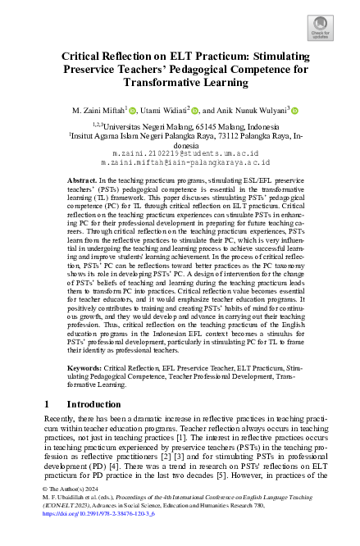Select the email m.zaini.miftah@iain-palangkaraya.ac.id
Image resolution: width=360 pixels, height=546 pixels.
(x=180, y=162)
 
